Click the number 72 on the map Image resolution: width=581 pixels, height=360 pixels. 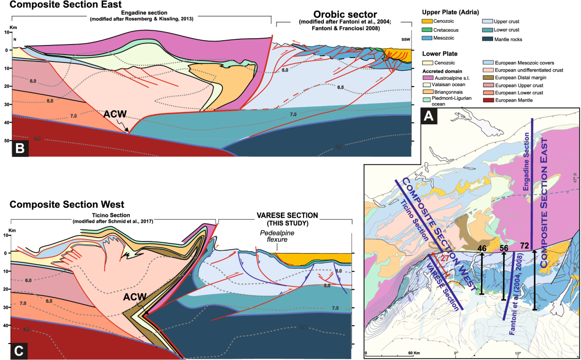[523, 246]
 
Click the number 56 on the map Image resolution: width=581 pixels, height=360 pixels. [504, 248]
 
